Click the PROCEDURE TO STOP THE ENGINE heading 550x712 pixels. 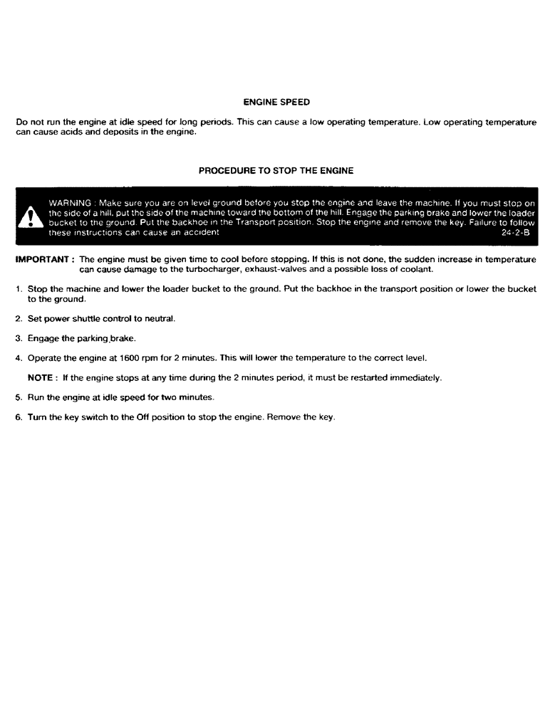(275, 171)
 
